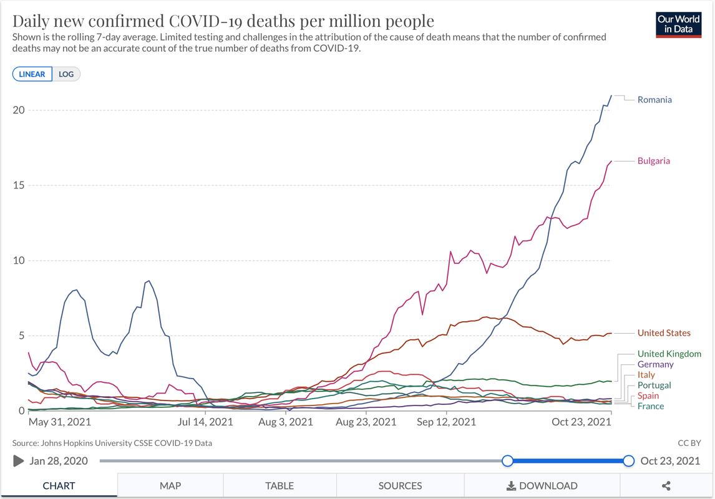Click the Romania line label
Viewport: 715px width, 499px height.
(x=654, y=100)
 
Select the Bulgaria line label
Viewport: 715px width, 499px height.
(x=653, y=161)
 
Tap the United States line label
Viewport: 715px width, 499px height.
(x=664, y=333)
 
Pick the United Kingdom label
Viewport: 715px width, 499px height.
(x=669, y=354)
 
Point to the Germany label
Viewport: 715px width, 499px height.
(x=655, y=364)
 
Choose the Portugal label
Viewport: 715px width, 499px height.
(x=654, y=385)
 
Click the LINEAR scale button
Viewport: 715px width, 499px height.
(x=32, y=74)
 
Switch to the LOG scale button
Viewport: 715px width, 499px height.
(x=66, y=74)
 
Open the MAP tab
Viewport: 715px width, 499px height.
(x=170, y=486)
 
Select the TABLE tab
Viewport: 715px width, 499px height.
(x=280, y=486)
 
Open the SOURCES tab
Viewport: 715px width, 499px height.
(x=400, y=486)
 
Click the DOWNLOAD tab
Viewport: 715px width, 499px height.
(x=541, y=486)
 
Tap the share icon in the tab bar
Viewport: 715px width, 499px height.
(x=666, y=486)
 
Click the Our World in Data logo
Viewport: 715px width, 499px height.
(x=679, y=24)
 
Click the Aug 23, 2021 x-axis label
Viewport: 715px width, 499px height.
(x=366, y=422)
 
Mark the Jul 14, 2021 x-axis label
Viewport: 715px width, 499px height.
(x=205, y=422)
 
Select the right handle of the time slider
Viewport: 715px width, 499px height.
(x=628, y=461)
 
